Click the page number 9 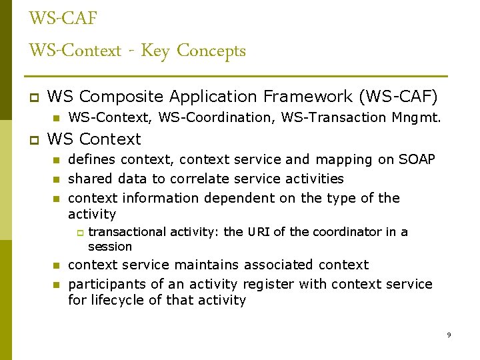click(x=449, y=335)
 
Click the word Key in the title click(x=155, y=51)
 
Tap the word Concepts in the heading click(x=211, y=51)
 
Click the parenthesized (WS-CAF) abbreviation click(x=398, y=97)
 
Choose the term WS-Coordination click(x=226, y=118)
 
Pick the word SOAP click(x=417, y=160)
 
